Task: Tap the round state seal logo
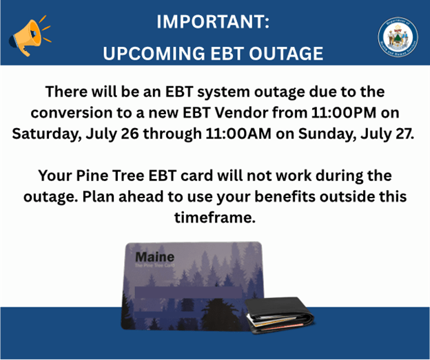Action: [397, 36]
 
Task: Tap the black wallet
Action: [279, 312]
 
